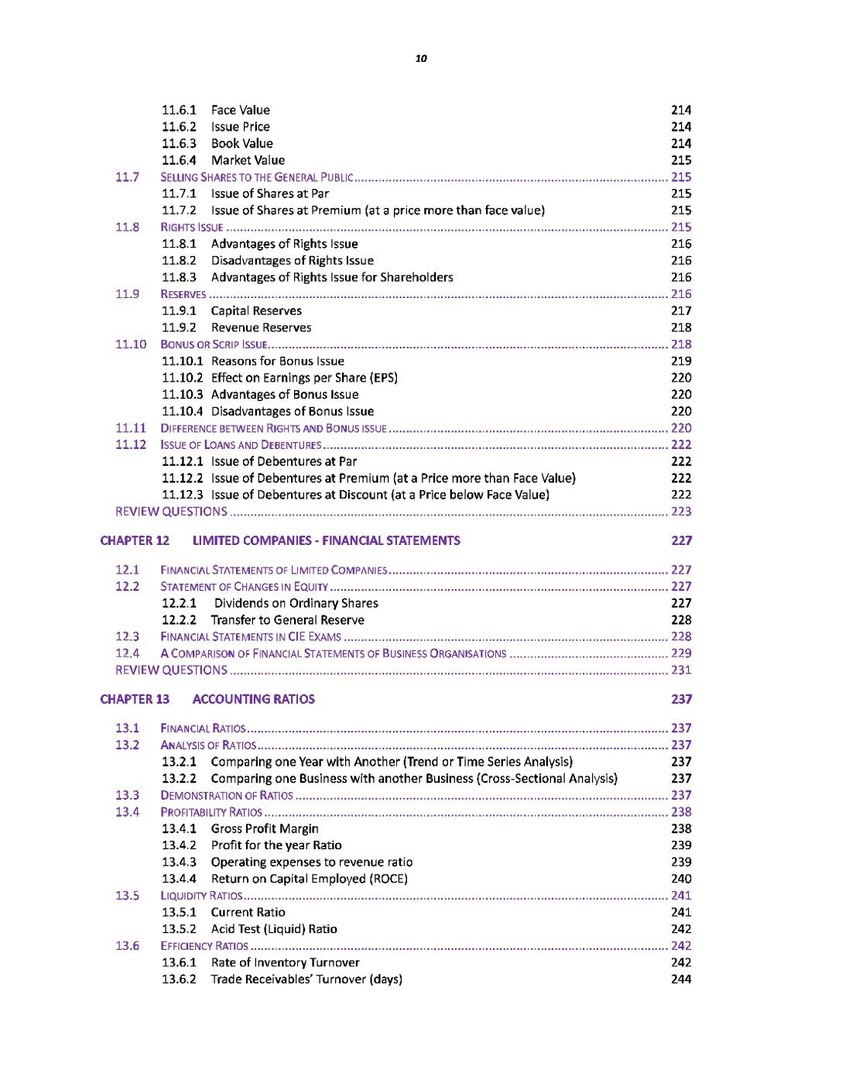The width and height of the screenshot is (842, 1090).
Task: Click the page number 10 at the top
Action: tap(421, 59)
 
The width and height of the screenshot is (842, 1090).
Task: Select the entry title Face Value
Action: tap(240, 110)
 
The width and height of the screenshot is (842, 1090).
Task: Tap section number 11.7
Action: tap(127, 177)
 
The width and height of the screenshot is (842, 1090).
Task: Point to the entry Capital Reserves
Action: tap(256, 311)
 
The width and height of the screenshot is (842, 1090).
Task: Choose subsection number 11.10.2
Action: tap(182, 378)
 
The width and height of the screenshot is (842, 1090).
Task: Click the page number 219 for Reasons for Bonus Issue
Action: tap(681, 362)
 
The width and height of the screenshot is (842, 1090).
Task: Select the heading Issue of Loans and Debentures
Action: tap(241, 445)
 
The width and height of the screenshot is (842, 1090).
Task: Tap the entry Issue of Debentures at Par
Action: tap(284, 461)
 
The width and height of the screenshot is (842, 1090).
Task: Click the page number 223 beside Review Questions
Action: tap(681, 512)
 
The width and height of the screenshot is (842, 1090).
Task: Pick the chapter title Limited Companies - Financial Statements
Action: tap(326, 541)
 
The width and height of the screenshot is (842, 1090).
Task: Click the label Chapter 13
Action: tap(135, 700)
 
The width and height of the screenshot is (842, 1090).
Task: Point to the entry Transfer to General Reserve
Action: tap(287, 620)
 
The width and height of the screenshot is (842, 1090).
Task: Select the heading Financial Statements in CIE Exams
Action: tap(251, 637)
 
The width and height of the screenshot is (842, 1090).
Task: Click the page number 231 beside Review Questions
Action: tap(681, 670)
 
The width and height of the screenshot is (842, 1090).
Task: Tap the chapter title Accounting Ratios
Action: tap(253, 700)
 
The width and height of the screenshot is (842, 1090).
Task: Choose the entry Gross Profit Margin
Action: tap(265, 829)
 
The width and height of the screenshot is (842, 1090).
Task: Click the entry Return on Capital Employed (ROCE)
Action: tap(309, 879)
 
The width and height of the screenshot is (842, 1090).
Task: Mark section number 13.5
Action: tap(127, 896)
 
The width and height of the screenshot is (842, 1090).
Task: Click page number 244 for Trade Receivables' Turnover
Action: tap(681, 980)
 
